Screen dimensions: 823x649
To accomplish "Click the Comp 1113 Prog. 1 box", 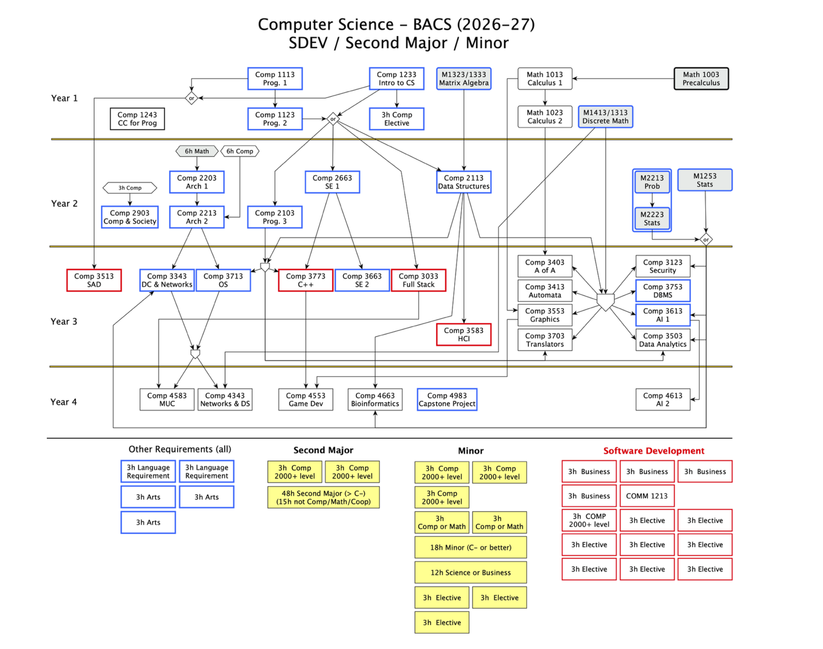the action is click(275, 79).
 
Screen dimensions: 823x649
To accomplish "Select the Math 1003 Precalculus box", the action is click(701, 79).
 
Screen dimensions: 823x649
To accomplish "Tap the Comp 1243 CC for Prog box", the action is click(137, 119).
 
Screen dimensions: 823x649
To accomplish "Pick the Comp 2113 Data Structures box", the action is click(464, 182).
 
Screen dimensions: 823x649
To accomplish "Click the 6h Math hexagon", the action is click(197, 151).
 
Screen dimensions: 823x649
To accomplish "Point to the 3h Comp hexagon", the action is click(130, 188).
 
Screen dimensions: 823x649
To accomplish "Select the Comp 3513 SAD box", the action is click(94, 280).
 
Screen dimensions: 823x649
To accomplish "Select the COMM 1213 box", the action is click(647, 496).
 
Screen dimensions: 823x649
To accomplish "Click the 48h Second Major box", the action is click(324, 497).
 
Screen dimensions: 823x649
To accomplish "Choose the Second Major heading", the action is click(324, 450).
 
